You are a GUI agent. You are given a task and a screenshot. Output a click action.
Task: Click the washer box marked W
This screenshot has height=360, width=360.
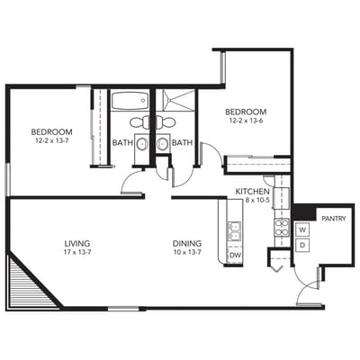point(302,229)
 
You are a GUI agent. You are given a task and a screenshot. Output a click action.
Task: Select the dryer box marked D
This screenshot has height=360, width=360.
point(302,245)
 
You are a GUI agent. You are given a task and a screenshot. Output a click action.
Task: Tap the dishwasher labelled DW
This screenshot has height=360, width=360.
point(234,256)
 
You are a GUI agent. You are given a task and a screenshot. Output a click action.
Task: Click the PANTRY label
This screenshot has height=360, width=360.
point(334,219)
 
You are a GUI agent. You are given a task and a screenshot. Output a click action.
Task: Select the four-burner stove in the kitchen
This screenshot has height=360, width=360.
point(281,229)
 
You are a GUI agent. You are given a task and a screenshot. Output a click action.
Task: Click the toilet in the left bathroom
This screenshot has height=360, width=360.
point(139,121)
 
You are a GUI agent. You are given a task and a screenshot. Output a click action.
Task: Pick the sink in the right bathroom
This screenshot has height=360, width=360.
point(163,143)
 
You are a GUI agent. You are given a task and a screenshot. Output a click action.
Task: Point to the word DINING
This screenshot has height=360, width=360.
point(187,244)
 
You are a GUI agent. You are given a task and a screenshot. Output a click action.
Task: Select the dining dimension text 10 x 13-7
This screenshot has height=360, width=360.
point(187,253)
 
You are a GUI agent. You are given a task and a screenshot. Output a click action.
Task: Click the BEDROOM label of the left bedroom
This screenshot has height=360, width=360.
point(51,132)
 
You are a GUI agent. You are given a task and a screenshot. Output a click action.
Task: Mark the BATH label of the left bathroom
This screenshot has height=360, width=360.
point(123,142)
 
